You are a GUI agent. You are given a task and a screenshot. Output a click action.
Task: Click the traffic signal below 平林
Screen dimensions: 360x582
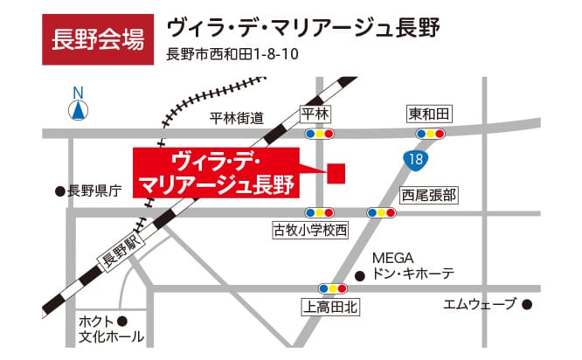click(319, 135)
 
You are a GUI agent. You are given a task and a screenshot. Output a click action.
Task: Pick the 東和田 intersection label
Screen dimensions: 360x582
click(429, 115)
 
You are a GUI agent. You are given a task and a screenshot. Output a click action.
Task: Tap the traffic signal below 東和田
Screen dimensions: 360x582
click(430, 135)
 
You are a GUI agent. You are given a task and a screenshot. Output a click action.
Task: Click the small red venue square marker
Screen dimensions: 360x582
click(336, 172)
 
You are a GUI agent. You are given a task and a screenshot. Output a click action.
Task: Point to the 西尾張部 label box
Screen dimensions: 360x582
click(429, 194)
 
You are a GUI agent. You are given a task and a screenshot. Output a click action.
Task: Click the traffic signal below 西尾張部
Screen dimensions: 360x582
click(381, 212)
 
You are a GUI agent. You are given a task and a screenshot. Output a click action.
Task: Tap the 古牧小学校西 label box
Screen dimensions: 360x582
click(310, 231)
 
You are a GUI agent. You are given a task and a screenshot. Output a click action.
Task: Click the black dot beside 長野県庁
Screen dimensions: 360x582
click(59, 190)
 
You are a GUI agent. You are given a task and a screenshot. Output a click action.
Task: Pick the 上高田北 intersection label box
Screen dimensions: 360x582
click(330, 307)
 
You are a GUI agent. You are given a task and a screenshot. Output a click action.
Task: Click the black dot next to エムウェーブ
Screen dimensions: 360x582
click(527, 305)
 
